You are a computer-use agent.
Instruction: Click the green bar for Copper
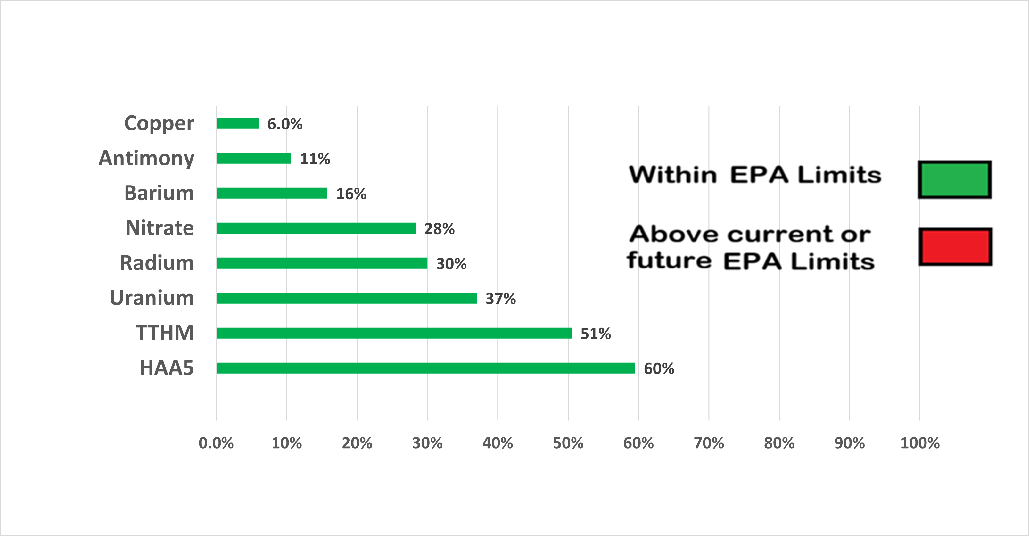(238, 123)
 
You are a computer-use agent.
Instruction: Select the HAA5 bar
(425, 368)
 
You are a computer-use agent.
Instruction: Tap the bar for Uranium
(346, 298)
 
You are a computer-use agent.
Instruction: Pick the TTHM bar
(394, 333)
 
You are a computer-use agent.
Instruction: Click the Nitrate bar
(316, 228)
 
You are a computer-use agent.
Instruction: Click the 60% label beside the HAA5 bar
(659, 368)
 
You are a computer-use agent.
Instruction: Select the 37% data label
(500, 298)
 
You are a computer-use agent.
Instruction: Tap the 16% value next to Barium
(351, 194)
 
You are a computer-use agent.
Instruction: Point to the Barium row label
(159, 193)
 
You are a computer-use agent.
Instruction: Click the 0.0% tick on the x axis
(216, 443)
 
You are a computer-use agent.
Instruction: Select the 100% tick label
(919, 443)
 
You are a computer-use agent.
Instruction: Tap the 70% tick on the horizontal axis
(709, 443)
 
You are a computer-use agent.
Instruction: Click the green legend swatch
(954, 179)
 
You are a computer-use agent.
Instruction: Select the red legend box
(955, 246)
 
